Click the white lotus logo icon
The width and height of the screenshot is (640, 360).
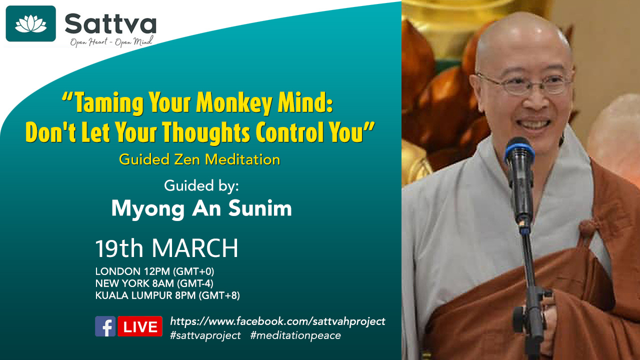pos(30,23)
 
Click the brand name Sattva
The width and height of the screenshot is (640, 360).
pos(110,23)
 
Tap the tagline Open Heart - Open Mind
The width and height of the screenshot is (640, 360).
pos(111,41)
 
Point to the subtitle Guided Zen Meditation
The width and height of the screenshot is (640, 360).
pos(199,159)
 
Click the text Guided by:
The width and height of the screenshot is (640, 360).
pos(201,186)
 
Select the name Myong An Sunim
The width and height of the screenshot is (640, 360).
pos(201,209)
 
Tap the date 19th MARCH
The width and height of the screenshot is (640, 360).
pos(166,248)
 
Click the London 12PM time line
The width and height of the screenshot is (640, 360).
pos(154,271)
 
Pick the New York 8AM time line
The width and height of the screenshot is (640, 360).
pos(154,283)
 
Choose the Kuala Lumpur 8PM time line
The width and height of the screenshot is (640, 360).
pos(167,295)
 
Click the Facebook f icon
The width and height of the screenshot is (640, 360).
pos(105,326)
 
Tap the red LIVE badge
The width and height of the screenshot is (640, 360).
pos(140,326)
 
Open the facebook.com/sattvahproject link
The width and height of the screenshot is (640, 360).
pos(277,321)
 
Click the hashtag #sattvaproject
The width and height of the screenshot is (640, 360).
pos(205,335)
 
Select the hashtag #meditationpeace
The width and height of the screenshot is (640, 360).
pos(295,335)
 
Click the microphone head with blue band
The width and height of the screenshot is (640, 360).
pos(519,151)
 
